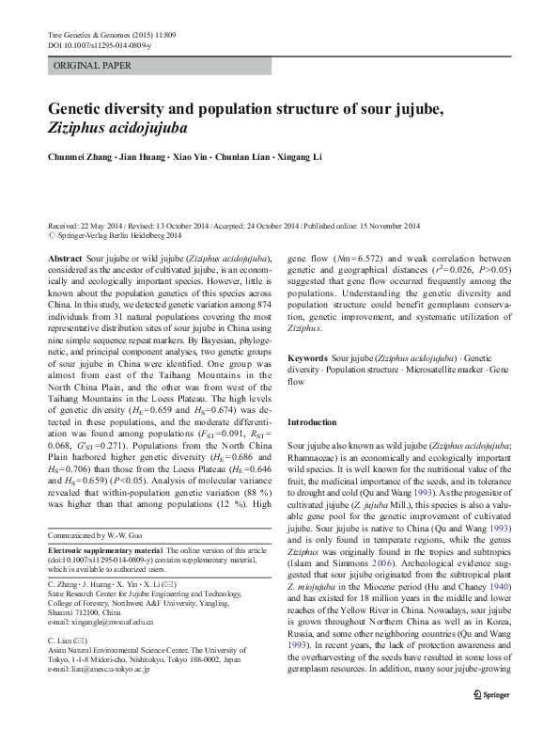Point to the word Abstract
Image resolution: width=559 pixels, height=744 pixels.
click(64, 258)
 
